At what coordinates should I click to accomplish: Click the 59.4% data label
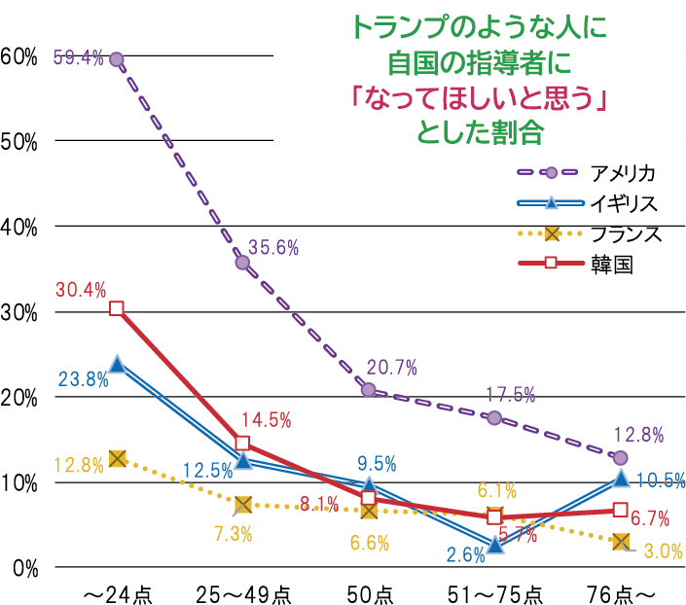pos(78,57)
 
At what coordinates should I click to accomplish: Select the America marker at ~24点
pos(117,59)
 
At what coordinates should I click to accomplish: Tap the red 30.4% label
pos(81,289)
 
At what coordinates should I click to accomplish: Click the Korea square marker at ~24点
pos(117,308)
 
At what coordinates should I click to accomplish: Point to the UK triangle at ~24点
pos(117,365)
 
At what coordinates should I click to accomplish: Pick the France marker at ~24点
pos(117,458)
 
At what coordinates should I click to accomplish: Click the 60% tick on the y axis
pos(19,56)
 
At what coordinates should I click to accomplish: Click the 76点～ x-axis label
pos(620,593)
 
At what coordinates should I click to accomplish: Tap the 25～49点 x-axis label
pos(242,593)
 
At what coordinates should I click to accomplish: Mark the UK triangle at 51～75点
pos(494,545)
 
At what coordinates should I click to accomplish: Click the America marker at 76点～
pos(621,458)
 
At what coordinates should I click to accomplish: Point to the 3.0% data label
pos(663,552)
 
